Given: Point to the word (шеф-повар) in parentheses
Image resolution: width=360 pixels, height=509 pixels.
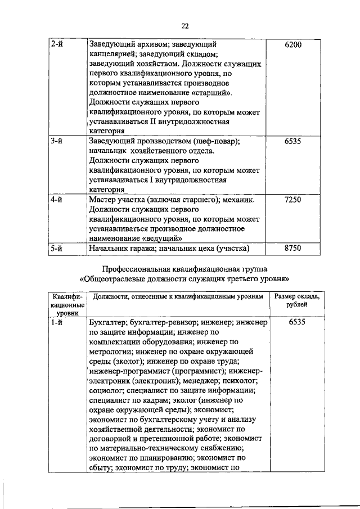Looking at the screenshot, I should (x=216, y=141).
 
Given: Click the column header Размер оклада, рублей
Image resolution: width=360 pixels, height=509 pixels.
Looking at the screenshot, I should (x=296, y=300).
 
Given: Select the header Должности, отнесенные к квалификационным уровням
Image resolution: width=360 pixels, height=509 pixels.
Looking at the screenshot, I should (x=177, y=296).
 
